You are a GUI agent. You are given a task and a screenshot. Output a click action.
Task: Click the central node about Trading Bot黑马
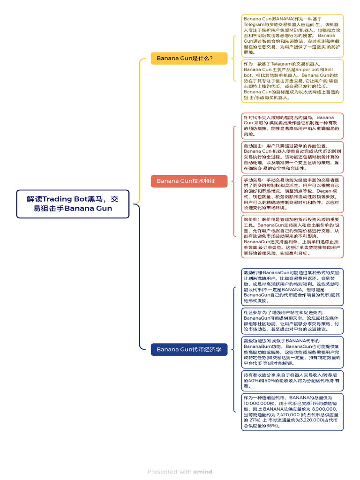coord(73,204)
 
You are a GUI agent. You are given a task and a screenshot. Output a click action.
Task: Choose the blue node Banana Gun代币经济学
coord(189,349)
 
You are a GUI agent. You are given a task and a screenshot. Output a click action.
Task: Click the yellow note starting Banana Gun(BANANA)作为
coord(292,36)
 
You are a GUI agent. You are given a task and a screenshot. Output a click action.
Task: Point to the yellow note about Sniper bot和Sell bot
coord(292,81)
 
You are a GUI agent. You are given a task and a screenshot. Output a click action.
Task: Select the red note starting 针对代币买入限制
coord(292,125)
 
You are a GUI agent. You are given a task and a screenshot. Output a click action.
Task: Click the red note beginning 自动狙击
coord(292,157)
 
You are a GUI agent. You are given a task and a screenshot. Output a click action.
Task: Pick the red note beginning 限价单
coord(292,236)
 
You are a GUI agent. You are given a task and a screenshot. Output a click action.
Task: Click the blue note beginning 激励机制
coord(292,286)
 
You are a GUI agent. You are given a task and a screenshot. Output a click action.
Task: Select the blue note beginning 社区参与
coord(292,321)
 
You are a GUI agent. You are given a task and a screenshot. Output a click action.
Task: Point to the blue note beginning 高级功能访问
coord(292,352)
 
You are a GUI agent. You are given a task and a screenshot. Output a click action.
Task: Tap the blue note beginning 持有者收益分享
coord(292,380)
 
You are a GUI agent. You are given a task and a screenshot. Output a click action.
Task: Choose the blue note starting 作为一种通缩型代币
coord(292,412)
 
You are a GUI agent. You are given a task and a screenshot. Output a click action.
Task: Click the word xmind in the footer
coord(202,472)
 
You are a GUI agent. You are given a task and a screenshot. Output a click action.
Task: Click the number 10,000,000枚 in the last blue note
coord(261,403)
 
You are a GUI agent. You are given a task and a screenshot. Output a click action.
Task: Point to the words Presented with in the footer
coord(169,472)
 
